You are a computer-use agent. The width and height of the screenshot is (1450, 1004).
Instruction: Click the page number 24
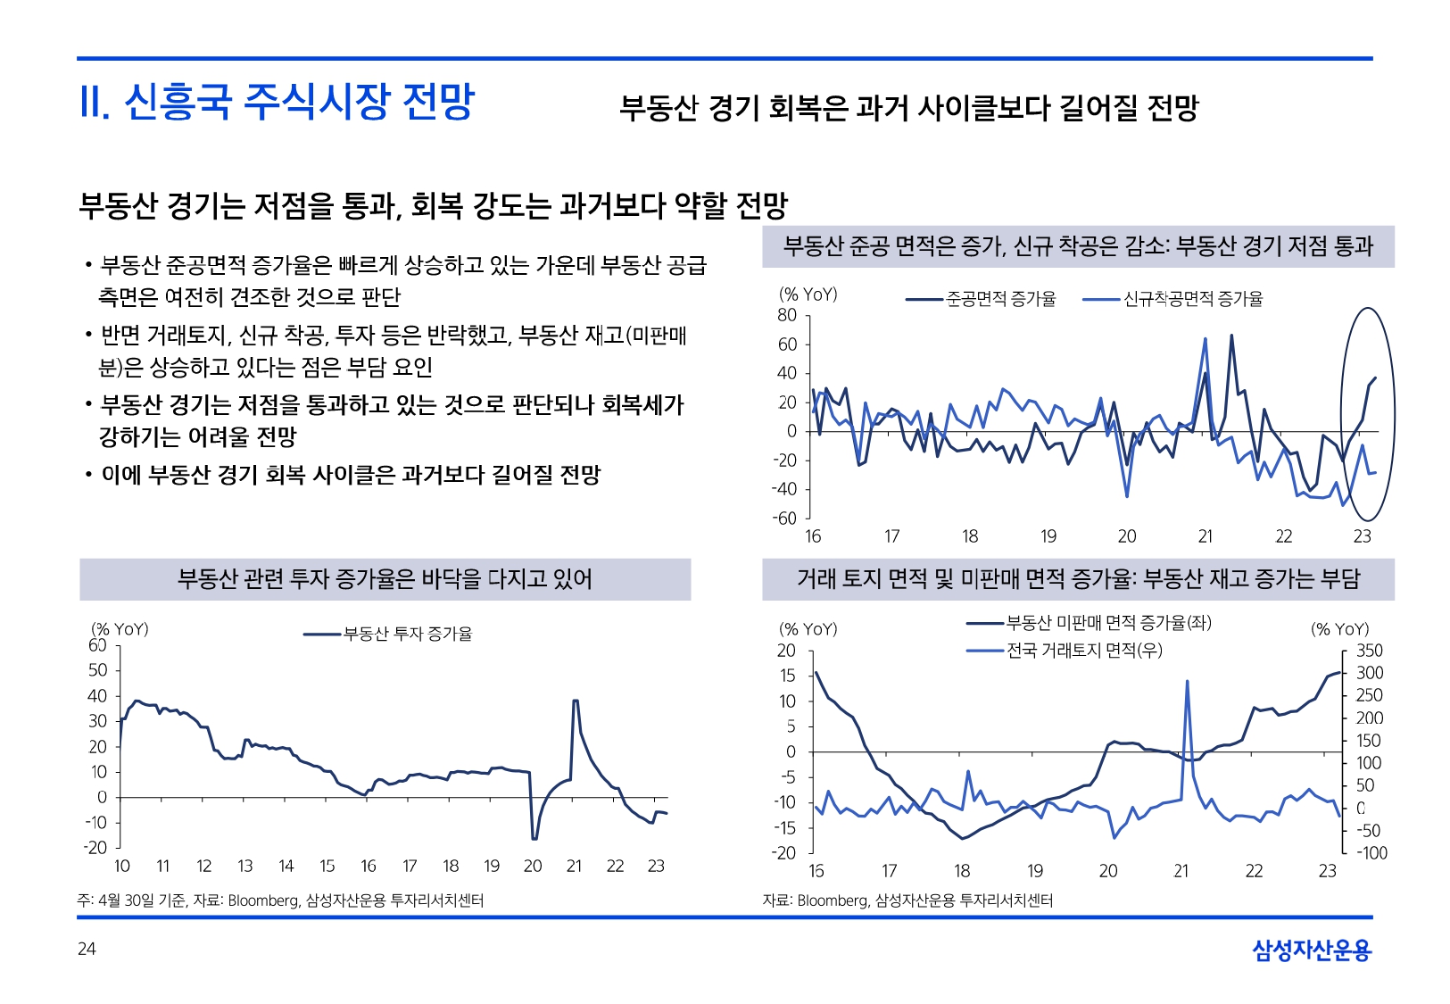(x=87, y=949)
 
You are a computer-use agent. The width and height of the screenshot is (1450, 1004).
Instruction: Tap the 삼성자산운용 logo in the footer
(x=1311, y=950)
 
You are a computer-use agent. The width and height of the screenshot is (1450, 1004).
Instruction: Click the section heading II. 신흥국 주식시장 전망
(x=277, y=102)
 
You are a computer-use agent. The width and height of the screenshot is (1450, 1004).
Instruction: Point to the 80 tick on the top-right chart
(x=787, y=315)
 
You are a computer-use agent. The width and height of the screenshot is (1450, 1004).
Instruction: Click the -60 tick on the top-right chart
(x=784, y=518)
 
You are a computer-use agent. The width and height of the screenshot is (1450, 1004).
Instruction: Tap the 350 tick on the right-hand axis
(x=1369, y=651)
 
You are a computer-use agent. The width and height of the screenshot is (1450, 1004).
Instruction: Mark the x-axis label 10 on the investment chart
(x=122, y=866)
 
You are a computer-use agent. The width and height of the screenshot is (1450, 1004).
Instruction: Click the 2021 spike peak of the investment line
(x=576, y=701)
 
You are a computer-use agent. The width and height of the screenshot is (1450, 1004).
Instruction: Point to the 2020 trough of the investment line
(x=534, y=839)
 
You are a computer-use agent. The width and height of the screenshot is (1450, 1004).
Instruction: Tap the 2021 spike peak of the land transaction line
(x=1187, y=681)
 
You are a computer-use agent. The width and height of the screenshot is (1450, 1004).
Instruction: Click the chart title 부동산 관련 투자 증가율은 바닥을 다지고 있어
(x=385, y=579)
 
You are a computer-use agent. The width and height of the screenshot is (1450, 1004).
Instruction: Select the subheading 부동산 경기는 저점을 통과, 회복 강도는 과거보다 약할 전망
(x=433, y=206)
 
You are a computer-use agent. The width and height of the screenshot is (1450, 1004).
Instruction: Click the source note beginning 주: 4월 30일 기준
(x=281, y=900)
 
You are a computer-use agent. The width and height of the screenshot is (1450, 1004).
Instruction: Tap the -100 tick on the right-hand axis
(x=1371, y=853)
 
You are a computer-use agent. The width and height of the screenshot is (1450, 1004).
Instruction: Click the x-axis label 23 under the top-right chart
(x=1362, y=536)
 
